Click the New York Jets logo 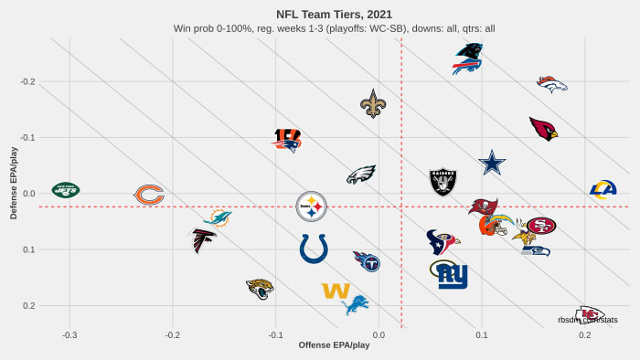66,190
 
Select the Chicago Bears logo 149,195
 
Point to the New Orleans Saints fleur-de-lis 373,104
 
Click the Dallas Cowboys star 492,164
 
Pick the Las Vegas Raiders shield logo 443,182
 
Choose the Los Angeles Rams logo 603,190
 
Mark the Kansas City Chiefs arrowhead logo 590,314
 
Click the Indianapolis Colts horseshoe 314,248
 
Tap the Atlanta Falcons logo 205,240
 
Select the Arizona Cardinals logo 543,129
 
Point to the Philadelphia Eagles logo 362,175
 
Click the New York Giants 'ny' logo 452,275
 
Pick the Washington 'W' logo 336,291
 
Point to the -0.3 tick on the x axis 69,335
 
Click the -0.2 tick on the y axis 27,82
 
